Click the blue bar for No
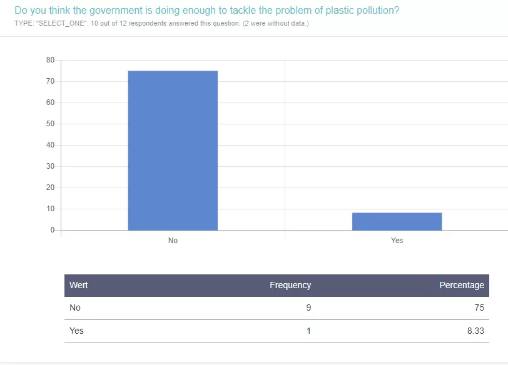tap(173, 150)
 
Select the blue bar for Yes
tap(397, 221)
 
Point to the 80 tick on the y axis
tap(51, 60)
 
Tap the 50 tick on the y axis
tap(51, 124)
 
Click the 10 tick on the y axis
tap(51, 209)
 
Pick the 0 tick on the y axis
tap(53, 230)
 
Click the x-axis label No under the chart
tap(173, 241)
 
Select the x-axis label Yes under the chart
tap(397, 241)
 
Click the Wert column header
tap(78, 285)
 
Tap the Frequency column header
tap(290, 285)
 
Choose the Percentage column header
tap(462, 285)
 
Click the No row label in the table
tap(75, 307)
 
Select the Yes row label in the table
tap(76, 331)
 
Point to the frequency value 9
tap(308, 307)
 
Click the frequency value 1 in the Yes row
tap(308, 331)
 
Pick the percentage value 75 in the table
tap(479, 307)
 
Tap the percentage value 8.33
tap(475, 331)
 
